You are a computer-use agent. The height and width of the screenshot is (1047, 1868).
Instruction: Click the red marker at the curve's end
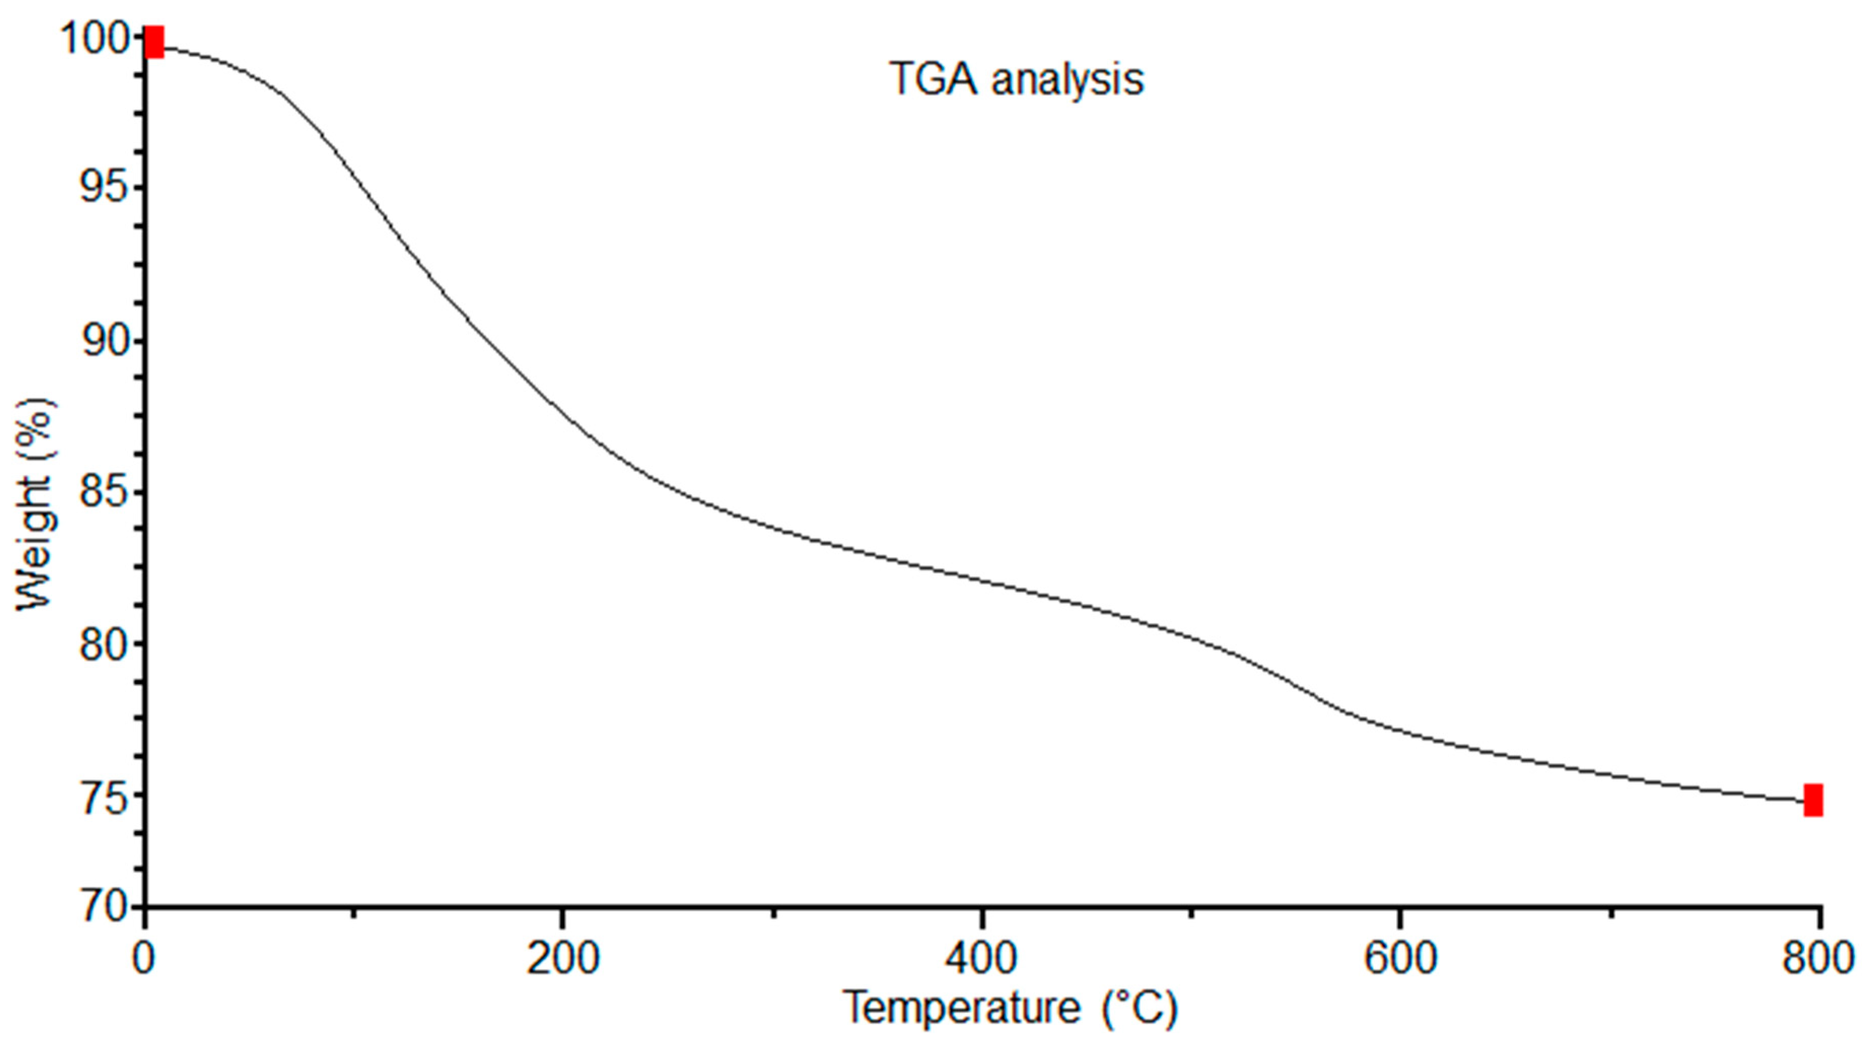(1813, 800)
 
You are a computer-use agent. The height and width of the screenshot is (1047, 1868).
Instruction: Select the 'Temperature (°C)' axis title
(1010, 1008)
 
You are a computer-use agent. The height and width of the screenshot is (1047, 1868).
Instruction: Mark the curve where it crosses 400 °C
(981, 579)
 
